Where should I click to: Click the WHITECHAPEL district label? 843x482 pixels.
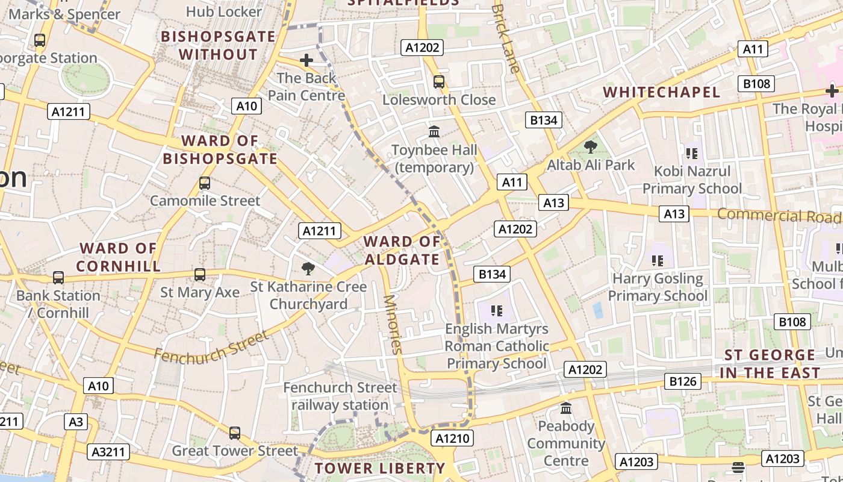(x=661, y=92)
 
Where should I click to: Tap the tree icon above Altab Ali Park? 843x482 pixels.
(x=591, y=146)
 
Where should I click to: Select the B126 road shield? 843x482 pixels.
(x=683, y=381)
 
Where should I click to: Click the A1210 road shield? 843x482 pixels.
(x=452, y=438)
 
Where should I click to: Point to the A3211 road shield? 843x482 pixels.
(x=109, y=452)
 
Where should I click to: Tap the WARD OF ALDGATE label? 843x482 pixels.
(x=402, y=251)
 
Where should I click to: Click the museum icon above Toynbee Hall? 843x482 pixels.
(x=434, y=131)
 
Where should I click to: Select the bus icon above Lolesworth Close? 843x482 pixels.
(x=439, y=81)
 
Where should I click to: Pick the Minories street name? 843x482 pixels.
(x=392, y=324)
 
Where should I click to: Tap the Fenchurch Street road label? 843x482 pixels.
(x=210, y=346)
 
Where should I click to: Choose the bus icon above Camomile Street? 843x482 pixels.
(x=205, y=183)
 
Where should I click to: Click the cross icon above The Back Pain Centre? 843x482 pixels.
(x=306, y=60)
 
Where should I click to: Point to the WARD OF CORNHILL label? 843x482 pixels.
(x=119, y=257)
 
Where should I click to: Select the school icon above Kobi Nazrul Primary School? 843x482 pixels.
(x=691, y=153)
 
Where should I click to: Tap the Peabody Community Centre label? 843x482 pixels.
(x=565, y=443)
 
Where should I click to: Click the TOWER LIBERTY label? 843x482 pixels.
(x=380, y=468)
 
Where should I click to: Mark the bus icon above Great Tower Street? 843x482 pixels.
(x=235, y=433)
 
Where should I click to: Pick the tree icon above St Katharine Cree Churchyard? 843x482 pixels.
(x=308, y=268)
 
